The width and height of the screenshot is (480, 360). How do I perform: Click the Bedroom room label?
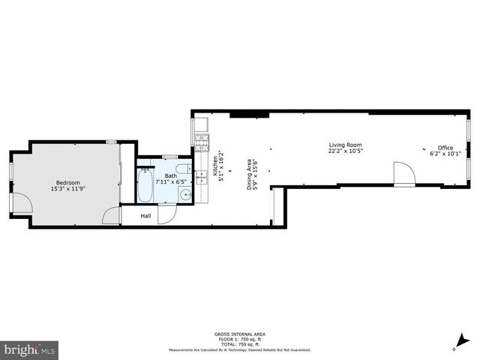67,182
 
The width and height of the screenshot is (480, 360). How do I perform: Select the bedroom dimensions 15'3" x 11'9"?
67,189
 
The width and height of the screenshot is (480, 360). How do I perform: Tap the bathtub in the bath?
145,187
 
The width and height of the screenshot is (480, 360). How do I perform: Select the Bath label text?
170,175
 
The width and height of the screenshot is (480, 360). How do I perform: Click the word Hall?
145,215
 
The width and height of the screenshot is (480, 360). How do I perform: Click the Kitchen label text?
215,162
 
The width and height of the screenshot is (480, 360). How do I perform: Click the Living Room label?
345,145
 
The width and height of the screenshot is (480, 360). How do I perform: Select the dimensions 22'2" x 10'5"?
345,151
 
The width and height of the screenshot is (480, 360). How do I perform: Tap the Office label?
445,148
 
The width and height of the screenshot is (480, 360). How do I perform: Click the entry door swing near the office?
404,173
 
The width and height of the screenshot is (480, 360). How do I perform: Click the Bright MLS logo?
30,349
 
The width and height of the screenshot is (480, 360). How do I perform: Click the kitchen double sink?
200,178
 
